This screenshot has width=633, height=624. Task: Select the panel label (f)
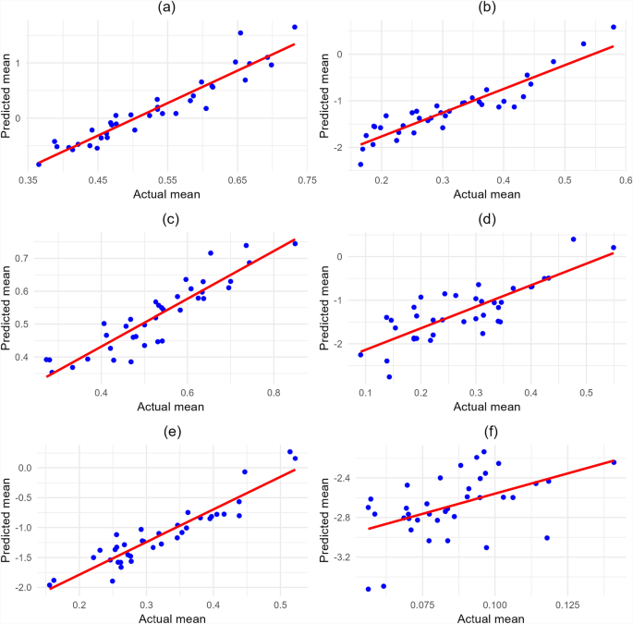pos(485,422)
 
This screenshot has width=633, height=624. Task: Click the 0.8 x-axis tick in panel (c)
pos(274,392)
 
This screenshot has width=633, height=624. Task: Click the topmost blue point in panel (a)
pos(295,27)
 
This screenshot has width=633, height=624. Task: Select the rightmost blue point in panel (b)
pos(613,27)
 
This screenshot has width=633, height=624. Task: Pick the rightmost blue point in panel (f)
pos(614,462)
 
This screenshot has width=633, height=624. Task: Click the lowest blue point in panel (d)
pos(389,377)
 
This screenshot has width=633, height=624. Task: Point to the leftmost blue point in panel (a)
pos(39,164)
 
